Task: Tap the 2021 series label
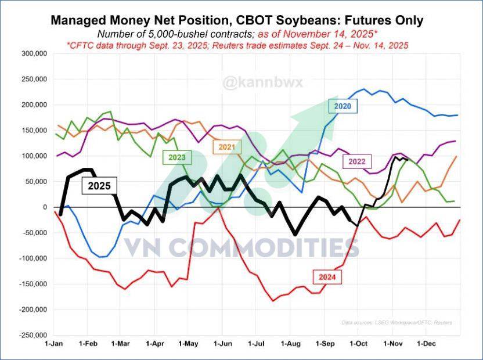(227, 147)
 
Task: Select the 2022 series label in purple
(357, 161)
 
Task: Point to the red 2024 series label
(327, 277)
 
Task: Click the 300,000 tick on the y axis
(33, 53)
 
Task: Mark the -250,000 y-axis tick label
(31, 335)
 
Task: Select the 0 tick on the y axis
(42, 207)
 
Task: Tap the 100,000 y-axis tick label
(33, 156)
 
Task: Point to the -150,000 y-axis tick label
(31, 284)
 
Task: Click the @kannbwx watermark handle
(254, 83)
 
